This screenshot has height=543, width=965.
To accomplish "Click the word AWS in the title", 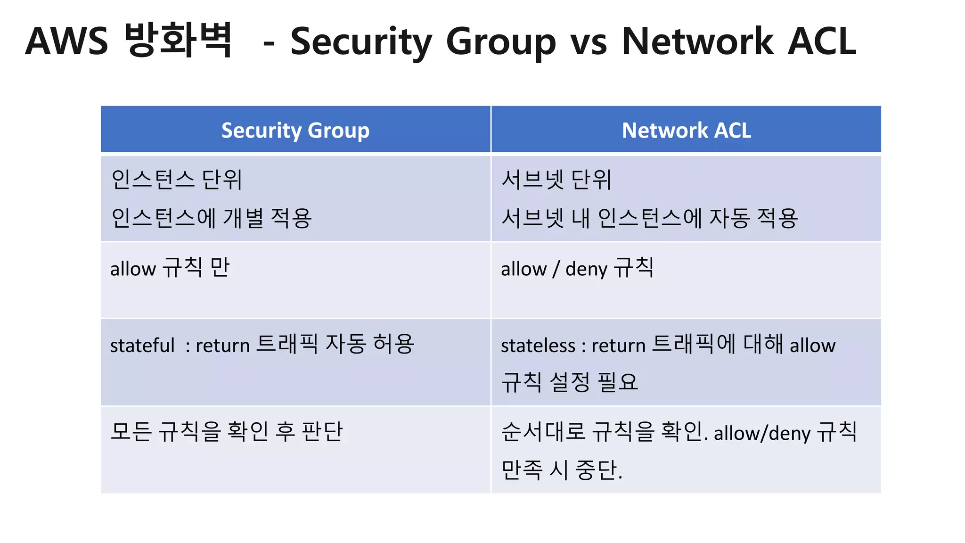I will tap(66, 41).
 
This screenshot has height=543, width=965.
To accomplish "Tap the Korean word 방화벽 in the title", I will tap(179, 40).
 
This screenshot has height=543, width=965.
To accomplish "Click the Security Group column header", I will tap(295, 131).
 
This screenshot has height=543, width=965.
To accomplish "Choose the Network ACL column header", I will tap(686, 131).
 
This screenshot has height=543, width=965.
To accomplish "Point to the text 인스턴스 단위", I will tap(177, 180).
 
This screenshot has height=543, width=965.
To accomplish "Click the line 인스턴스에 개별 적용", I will tap(212, 218).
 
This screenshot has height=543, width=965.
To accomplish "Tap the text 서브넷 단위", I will tap(556, 180).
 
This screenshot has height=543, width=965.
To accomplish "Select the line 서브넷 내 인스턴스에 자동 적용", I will tap(649, 218).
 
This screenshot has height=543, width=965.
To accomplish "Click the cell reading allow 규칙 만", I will tap(170, 268).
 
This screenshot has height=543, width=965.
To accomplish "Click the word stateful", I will tap(142, 346).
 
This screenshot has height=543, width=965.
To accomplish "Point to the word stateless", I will tap(538, 346).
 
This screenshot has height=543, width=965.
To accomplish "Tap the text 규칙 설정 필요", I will tap(569, 382).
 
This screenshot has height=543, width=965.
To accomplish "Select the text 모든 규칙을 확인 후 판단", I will tap(227, 431).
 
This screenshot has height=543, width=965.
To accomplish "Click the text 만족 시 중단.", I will tap(562, 469).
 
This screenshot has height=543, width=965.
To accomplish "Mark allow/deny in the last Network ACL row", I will tap(762, 433).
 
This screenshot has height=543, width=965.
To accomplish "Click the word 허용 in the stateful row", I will tap(393, 344).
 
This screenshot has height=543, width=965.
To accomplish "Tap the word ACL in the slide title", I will tap(821, 41).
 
